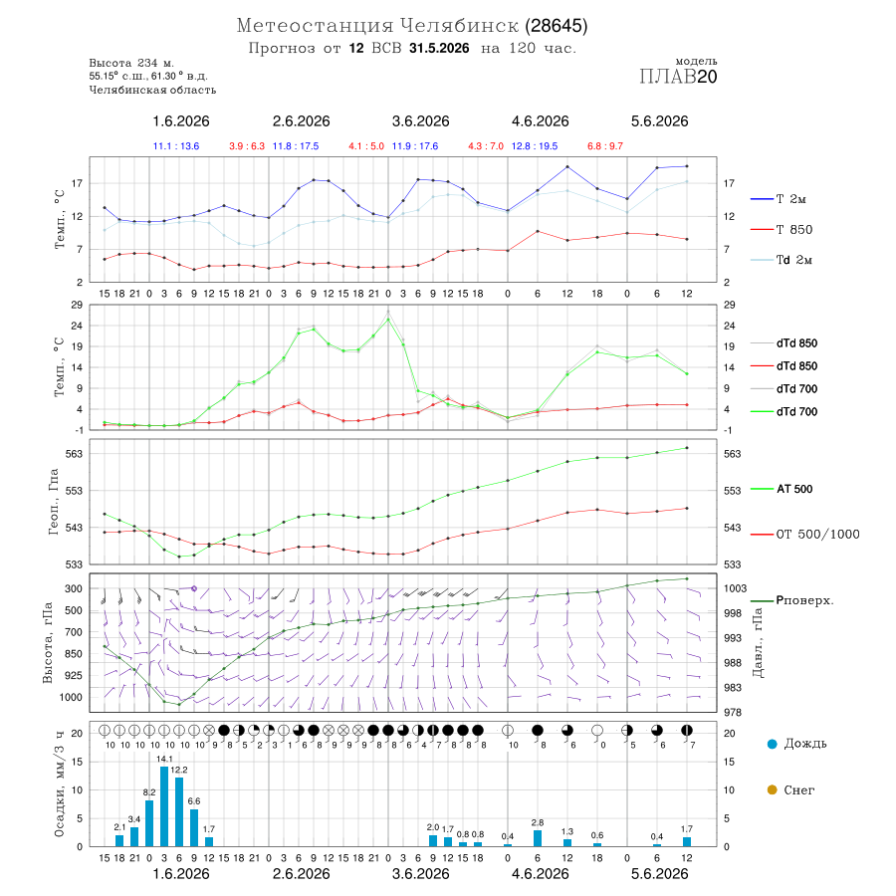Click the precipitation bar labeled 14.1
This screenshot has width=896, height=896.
(x=164, y=806)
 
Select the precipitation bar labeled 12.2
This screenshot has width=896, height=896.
(x=179, y=811)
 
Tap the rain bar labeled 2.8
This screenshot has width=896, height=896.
(x=538, y=838)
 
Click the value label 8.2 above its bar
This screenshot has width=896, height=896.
(x=149, y=792)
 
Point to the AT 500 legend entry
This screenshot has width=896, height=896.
(x=782, y=489)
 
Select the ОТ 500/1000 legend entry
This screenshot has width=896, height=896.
(x=804, y=535)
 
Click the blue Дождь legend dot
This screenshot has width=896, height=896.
(x=772, y=744)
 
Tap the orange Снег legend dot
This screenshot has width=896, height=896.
(x=772, y=790)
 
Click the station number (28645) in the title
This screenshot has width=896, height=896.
(x=556, y=26)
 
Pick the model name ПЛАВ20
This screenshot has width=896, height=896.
(x=678, y=77)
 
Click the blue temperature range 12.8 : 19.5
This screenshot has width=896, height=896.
(x=535, y=146)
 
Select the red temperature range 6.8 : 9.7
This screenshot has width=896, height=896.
(x=605, y=146)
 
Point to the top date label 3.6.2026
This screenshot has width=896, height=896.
(x=420, y=121)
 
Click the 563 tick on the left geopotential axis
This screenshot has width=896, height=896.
(x=75, y=454)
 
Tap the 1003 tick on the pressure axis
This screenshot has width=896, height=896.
(x=736, y=588)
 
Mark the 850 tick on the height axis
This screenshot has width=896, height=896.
(x=73, y=654)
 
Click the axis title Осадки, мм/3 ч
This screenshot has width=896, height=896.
(x=60, y=784)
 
